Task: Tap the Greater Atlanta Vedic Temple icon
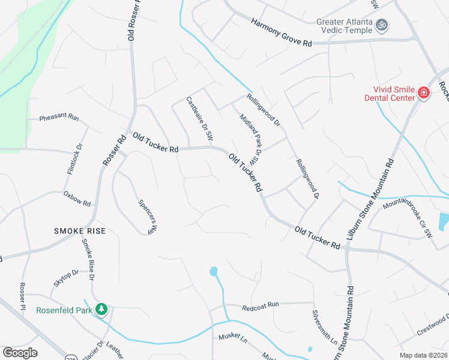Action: pyautogui.click(x=381, y=25)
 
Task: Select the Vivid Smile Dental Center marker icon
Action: pyautogui.click(x=423, y=92)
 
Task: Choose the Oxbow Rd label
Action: pyautogui.click(x=77, y=199)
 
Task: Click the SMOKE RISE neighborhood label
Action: pyautogui.click(x=79, y=231)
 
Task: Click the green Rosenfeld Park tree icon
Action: pyautogui.click(x=102, y=309)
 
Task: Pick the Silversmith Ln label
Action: pyautogui.click(x=324, y=327)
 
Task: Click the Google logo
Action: pyautogui.click(x=20, y=353)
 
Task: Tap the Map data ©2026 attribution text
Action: pyautogui.click(x=423, y=355)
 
